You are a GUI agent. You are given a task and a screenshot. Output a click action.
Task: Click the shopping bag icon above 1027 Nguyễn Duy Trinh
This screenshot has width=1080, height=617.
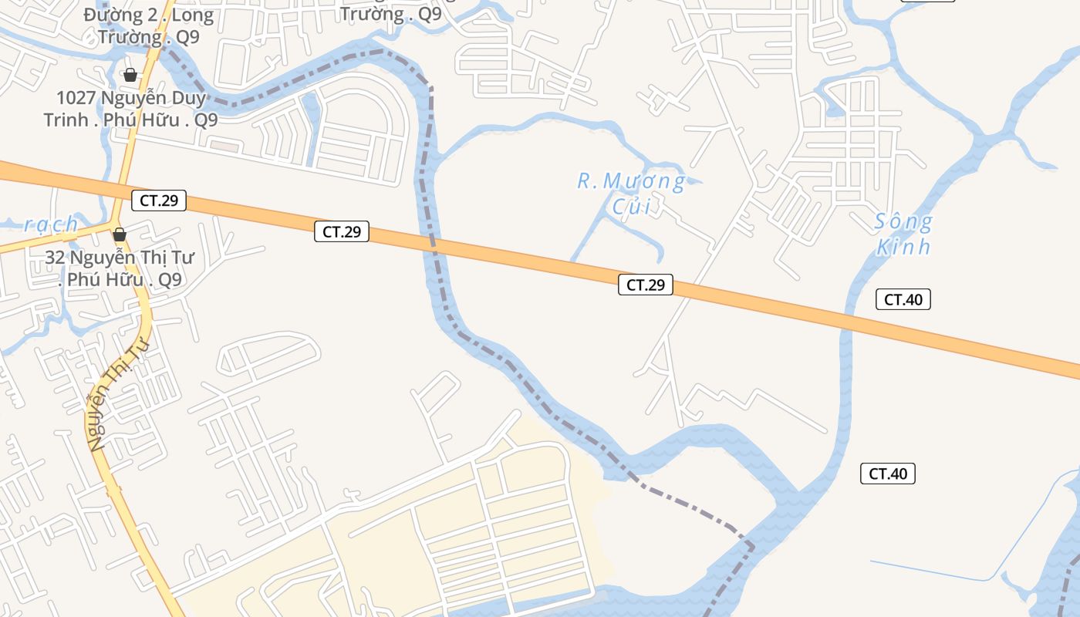click(130, 75)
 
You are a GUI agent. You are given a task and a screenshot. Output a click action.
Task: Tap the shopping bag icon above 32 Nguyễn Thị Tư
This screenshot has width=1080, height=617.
click(120, 234)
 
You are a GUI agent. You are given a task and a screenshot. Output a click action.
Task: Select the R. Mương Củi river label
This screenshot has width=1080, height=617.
click(631, 193)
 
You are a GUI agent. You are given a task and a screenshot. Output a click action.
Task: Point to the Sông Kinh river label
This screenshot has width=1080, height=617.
click(903, 234)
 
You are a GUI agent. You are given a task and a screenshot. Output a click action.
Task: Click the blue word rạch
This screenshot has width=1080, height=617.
click(52, 224)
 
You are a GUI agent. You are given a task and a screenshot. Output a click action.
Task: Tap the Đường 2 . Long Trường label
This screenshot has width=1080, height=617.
click(148, 25)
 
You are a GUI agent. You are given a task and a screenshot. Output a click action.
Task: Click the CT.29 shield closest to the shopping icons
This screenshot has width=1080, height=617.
click(159, 201)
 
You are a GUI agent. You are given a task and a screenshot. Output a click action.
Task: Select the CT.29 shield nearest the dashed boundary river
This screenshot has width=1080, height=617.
click(342, 231)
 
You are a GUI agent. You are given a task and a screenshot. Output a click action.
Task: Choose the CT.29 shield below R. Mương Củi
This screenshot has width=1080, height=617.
click(646, 285)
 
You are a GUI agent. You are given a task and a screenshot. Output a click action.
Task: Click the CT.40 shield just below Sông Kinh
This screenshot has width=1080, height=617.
click(903, 299)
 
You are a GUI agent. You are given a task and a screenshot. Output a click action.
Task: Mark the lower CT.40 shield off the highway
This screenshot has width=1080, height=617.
click(888, 474)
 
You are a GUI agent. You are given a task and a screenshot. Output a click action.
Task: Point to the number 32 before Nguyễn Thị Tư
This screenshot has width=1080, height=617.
click(55, 258)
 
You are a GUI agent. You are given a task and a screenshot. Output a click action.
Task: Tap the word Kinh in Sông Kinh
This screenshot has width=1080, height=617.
click(903, 248)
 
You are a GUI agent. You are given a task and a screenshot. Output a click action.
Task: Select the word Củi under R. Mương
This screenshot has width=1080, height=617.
click(631, 206)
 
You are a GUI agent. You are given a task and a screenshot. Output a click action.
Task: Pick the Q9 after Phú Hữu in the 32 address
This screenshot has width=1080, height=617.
click(170, 279)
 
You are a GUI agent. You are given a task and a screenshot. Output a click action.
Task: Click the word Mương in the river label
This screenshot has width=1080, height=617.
click(645, 182)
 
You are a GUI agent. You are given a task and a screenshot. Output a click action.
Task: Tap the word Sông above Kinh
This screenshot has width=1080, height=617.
click(903, 223)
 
